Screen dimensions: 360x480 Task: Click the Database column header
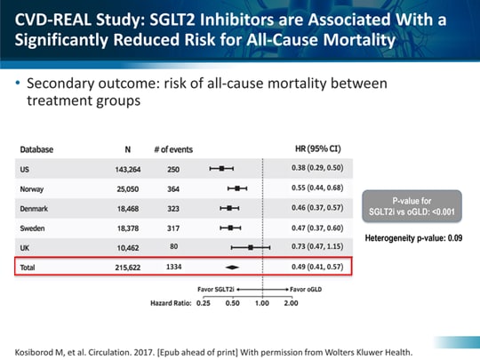[x=37, y=148]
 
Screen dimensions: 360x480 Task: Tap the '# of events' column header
[x=173, y=148]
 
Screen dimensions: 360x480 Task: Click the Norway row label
[x=33, y=188]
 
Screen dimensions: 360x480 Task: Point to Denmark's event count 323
[x=173, y=208]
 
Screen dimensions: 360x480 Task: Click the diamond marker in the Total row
[x=232, y=266]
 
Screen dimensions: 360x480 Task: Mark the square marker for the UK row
[x=252, y=247]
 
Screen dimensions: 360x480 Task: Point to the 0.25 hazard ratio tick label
[x=203, y=303]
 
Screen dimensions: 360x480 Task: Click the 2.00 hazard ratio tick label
[x=291, y=303]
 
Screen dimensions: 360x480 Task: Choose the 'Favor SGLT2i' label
[x=216, y=290]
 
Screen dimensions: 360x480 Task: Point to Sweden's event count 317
[x=173, y=228]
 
